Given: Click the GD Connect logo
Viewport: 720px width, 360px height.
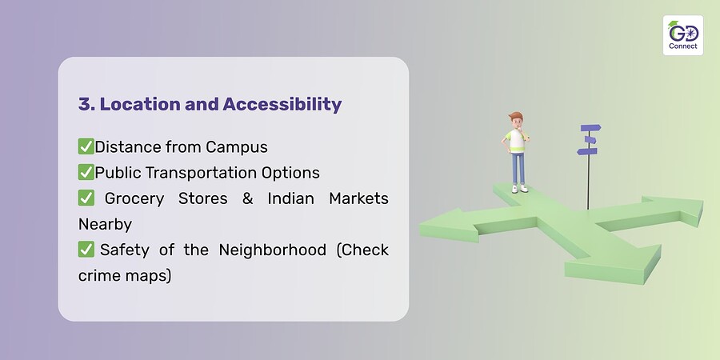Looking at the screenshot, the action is pos(683,35).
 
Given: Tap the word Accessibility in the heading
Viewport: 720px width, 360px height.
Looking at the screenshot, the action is pos(282,104).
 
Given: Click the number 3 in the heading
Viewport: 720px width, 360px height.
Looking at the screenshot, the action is pos(83,104).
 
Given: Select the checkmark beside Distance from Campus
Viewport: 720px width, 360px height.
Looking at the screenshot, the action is pos(86,146).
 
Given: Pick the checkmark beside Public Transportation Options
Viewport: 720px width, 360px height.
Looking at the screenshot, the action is pos(86,172).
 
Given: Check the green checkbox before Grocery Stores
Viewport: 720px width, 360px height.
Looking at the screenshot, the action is pos(86,198).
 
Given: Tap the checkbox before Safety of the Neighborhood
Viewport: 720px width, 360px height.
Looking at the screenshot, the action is pos(86,250).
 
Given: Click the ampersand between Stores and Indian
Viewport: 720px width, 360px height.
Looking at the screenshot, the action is pos(247,199).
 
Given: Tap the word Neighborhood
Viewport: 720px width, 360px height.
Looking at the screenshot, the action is pos(272,250).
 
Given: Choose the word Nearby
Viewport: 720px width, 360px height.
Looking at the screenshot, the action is pos(105,225).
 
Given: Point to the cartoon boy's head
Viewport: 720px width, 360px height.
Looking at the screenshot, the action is pos(516,122).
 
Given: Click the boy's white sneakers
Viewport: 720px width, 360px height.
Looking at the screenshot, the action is pos(520,188).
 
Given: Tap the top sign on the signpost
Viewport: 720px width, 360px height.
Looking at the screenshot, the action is pos(590,128).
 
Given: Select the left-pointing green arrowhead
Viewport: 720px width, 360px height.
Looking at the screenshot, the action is pos(448,225).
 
